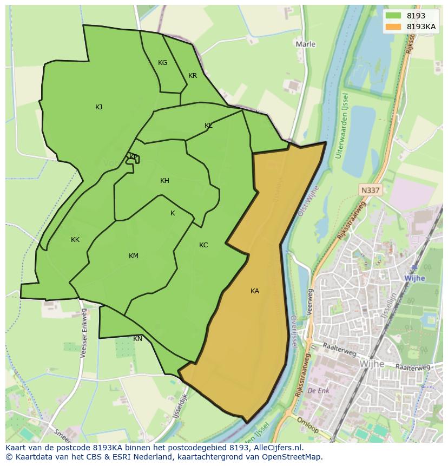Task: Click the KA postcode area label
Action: [255, 291]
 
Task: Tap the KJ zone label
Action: [98, 107]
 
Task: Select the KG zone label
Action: [162, 63]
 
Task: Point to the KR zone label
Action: [193, 76]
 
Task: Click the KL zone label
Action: [208, 126]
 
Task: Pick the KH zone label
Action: [164, 181]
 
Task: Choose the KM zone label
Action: [134, 256]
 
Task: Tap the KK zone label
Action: [75, 240]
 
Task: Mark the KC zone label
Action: [203, 245]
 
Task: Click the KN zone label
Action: [138, 339]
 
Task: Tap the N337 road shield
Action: [370, 190]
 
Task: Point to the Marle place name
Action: [306, 44]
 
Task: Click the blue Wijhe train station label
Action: [414, 278]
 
